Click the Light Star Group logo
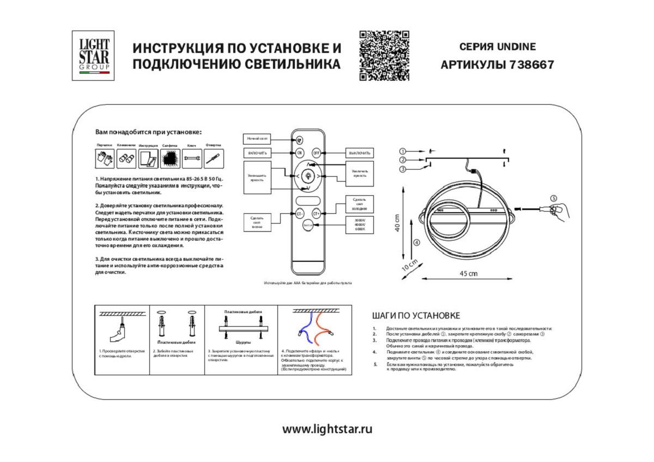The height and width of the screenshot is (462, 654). tap(93, 56)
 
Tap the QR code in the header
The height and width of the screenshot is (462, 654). tap(384, 56)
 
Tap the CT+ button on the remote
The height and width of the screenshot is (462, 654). tap(316, 214)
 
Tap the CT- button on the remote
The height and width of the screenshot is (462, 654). tap(300, 214)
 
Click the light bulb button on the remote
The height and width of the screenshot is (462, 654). tap(308, 176)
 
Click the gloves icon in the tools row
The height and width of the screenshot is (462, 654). tap(105, 159)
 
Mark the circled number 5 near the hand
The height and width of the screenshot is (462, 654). tap(554, 198)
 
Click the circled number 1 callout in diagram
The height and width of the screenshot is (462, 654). tap(402, 151)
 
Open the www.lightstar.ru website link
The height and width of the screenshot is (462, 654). tap(327, 429)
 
